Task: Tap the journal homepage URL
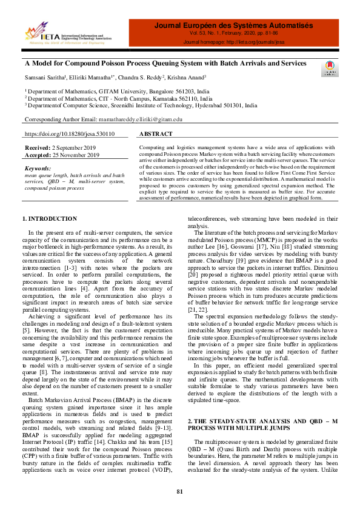(x=233, y=43)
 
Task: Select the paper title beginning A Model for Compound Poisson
(x=165, y=63)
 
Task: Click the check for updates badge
(x=330, y=69)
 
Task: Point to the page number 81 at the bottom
(x=180, y=491)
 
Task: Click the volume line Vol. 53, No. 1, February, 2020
(x=233, y=35)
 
